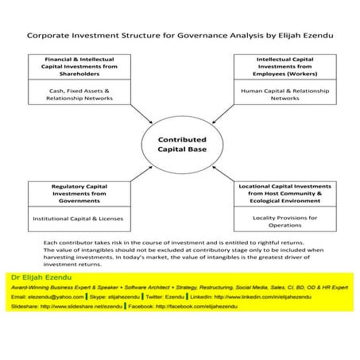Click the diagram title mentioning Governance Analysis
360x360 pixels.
pyautogui.click(x=180, y=35)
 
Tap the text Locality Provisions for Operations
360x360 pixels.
pyautogui.click(x=284, y=220)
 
